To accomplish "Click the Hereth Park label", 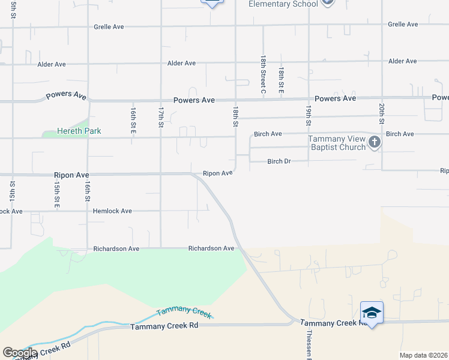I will pyautogui.click(x=79, y=131).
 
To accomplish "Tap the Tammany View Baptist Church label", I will pyautogui.click(x=337, y=143).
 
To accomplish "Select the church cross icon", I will pyautogui.click(x=375, y=142).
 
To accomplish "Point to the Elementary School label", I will pyautogui.click(x=283, y=4).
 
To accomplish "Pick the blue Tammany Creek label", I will pyautogui.click(x=184, y=311).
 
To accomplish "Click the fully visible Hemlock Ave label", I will pyautogui.click(x=112, y=211).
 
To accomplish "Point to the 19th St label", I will pyautogui.click(x=308, y=115).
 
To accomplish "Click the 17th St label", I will pyautogui.click(x=161, y=117).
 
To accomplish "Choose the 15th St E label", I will pyautogui.click(x=56, y=196).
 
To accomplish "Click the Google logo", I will pyautogui.click(x=20, y=353).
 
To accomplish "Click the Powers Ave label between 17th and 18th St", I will pyautogui.click(x=194, y=100).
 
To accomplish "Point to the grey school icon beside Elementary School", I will pyautogui.click(x=327, y=2).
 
